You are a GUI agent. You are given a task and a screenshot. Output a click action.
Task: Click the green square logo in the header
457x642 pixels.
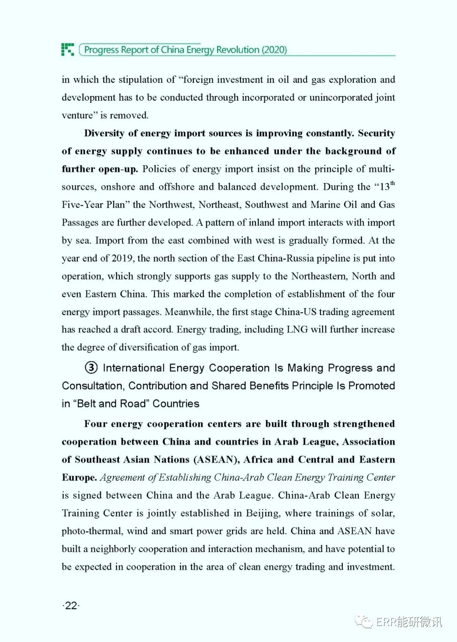(x=68, y=49)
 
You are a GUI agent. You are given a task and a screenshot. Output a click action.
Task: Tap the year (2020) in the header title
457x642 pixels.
(x=274, y=50)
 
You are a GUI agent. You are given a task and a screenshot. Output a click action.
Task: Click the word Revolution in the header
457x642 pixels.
(x=237, y=50)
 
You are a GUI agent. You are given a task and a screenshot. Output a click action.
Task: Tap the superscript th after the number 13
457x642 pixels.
(x=393, y=183)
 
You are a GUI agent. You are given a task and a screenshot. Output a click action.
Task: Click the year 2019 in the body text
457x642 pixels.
(x=123, y=258)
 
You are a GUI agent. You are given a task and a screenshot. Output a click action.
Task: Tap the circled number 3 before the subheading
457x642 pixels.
(x=91, y=368)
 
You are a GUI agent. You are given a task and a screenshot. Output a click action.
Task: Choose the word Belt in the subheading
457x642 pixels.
(x=87, y=403)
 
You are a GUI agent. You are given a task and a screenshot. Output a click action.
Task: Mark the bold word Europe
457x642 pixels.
(x=79, y=477)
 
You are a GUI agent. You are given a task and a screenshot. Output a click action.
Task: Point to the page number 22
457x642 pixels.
(x=71, y=606)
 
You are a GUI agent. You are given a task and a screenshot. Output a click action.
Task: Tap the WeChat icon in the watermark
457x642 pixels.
(x=363, y=621)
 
